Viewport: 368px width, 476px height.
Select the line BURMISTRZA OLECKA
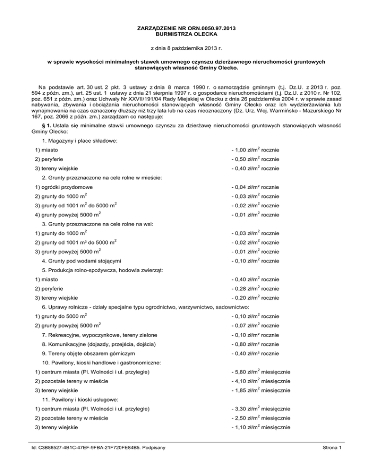[184, 35]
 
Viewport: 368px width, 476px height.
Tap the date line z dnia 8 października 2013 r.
[184, 48]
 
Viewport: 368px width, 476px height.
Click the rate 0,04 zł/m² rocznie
[255, 187]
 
